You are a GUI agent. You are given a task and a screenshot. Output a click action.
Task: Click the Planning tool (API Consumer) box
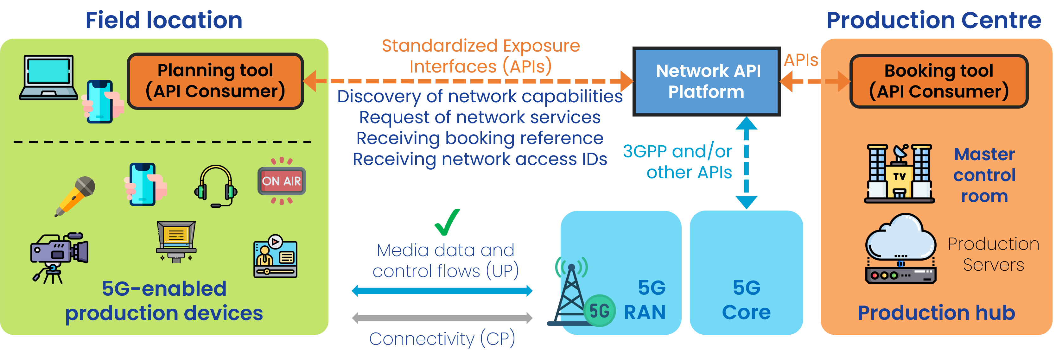(x=215, y=81)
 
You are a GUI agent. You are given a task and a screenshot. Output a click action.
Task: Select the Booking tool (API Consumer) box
(x=939, y=81)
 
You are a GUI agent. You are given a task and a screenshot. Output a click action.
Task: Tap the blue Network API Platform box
(x=706, y=81)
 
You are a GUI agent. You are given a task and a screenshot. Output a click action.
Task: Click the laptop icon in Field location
(x=48, y=78)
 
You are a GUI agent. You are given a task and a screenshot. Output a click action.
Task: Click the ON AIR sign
(x=282, y=181)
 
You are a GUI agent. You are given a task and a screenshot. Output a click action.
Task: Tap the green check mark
(x=447, y=222)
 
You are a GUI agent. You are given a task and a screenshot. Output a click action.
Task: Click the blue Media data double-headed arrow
(x=442, y=291)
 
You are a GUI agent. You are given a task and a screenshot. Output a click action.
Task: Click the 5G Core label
(x=746, y=300)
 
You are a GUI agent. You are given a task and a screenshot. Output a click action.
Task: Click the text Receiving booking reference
(x=480, y=138)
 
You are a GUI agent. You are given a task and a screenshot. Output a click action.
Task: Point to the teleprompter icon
(x=176, y=241)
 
